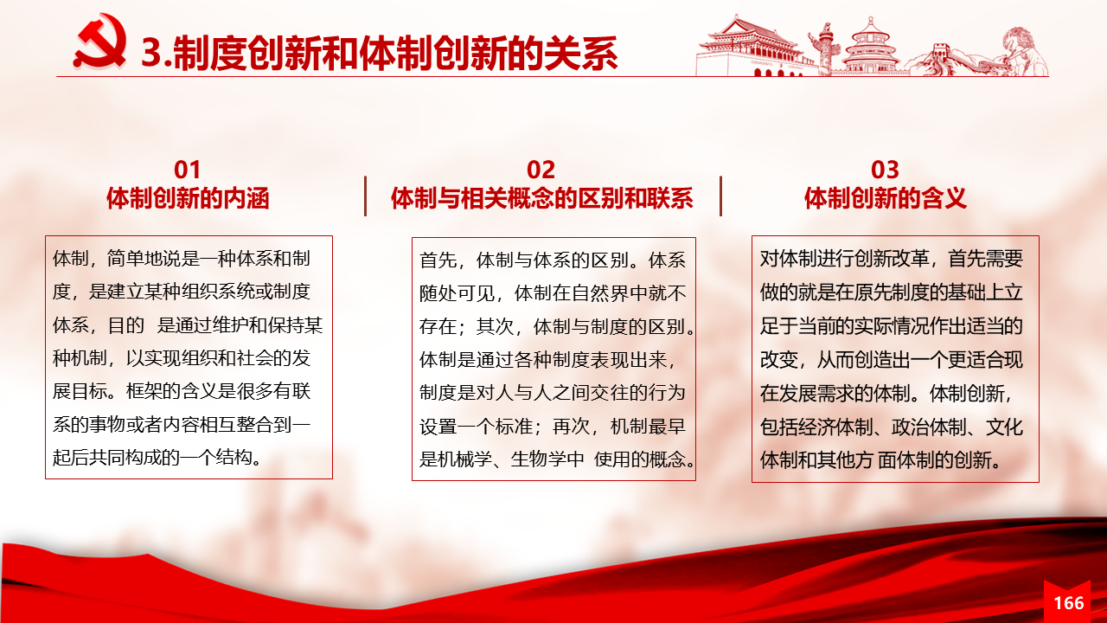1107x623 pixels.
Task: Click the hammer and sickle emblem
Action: pyautogui.click(x=99, y=42)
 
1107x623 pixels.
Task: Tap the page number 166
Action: pyautogui.click(x=1068, y=603)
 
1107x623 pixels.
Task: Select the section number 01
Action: pyautogui.click(x=188, y=170)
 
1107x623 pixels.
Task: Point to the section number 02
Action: pyautogui.click(x=541, y=170)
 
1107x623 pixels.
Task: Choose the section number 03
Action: pyautogui.click(x=885, y=170)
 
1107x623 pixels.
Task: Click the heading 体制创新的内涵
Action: pyautogui.click(x=188, y=198)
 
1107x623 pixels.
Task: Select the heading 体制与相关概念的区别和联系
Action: pyautogui.click(x=541, y=198)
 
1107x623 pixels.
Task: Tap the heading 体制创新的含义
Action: pyautogui.click(x=885, y=198)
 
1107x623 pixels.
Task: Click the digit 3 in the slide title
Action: pyautogui.click(x=150, y=53)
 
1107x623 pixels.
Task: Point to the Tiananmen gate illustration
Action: pyautogui.click(x=752, y=47)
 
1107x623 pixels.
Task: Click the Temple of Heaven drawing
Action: pyautogui.click(x=871, y=47)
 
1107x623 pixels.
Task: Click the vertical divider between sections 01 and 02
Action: pyautogui.click(x=365, y=196)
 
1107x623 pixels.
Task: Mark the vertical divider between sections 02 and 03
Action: pyautogui.click(x=720, y=196)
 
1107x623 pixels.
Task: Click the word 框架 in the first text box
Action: pyautogui.click(x=144, y=391)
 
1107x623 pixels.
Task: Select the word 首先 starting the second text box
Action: pyautogui.click(x=438, y=260)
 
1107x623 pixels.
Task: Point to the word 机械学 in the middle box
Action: pyautogui.click(x=465, y=459)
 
